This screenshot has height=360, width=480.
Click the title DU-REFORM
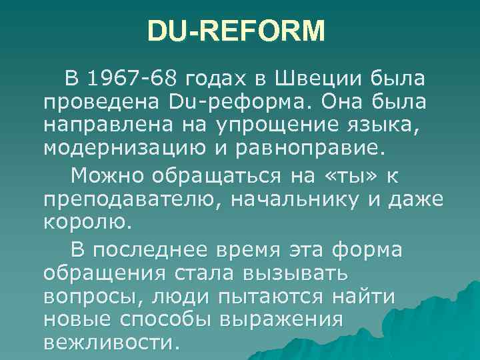coord(236,31)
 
